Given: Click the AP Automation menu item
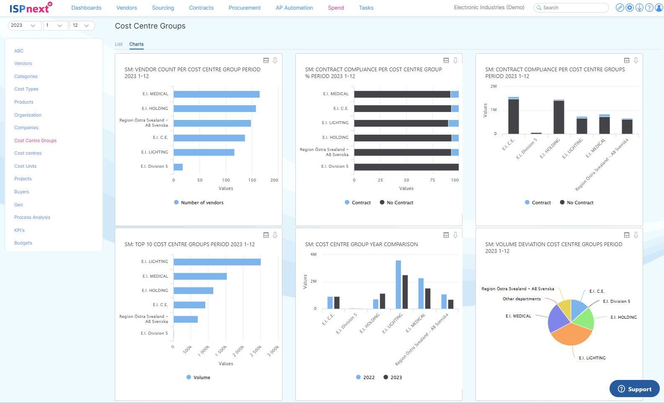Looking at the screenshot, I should pos(294,8).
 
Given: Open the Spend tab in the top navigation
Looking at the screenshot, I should pos(336,8).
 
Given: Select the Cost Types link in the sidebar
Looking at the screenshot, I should pos(26,89).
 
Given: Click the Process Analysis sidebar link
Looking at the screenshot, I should pos(32,217).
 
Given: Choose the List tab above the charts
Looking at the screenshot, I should pos(119,44).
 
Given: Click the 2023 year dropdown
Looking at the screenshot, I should pos(24,26).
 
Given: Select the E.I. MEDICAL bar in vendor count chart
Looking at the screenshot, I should pos(217,94).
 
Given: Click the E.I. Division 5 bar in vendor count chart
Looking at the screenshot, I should pos(178,167).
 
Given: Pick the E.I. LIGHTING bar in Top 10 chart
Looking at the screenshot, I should pos(217,262).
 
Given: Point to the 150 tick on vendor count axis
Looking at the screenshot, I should pos(252,180).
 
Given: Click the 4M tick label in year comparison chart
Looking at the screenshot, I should pos(313,255).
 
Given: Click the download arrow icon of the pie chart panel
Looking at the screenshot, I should pos(636,235).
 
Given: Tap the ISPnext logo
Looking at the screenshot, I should pos(31,8).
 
